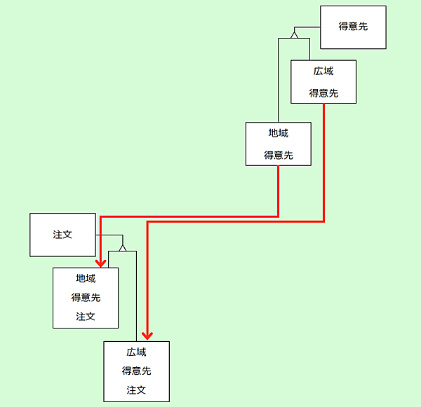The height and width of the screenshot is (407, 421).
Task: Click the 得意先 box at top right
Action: [353, 27]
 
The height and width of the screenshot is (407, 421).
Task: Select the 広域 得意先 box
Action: [323, 82]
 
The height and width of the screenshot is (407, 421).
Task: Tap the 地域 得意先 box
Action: [278, 144]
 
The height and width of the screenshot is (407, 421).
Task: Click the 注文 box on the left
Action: [62, 235]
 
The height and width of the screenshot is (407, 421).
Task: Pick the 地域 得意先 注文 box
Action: [86, 298]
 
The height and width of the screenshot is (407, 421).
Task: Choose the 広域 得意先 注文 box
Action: [136, 371]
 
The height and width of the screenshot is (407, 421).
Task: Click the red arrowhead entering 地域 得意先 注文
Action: [101, 263]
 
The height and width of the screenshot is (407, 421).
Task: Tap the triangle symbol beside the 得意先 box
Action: [295, 34]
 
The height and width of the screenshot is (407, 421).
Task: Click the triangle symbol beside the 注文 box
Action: [123, 247]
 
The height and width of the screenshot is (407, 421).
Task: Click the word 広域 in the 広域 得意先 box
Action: [323, 71]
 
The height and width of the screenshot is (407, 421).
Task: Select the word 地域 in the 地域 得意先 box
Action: [278, 133]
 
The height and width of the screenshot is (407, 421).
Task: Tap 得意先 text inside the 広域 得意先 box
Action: [323, 93]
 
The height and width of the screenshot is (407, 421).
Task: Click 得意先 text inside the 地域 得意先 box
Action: [278, 156]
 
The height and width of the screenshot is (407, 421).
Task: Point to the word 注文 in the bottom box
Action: [136, 389]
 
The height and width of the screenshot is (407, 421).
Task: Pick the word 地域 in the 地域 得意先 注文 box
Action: [86, 279]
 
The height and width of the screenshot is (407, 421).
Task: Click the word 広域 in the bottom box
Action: [136, 352]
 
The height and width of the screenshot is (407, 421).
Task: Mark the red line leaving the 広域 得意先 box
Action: [323, 161]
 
